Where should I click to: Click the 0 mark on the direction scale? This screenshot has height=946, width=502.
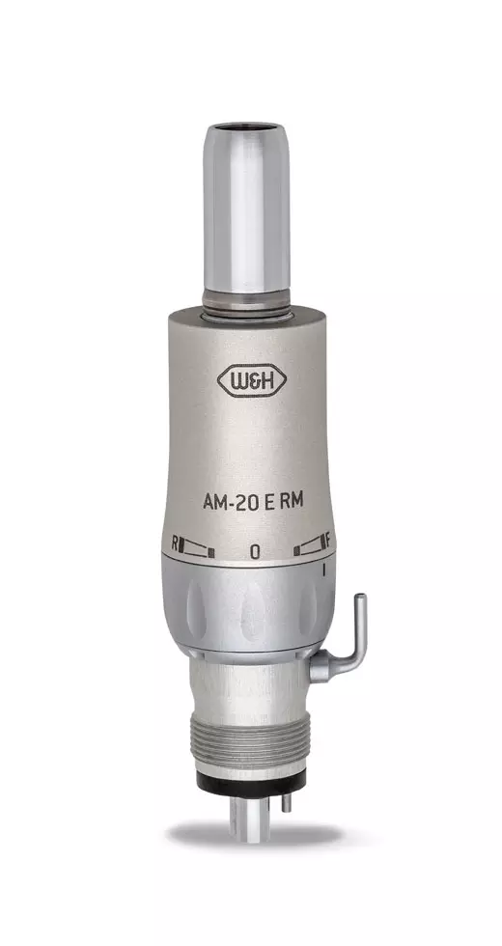pyautogui.click(x=254, y=551)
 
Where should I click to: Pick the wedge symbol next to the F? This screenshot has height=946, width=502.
pyautogui.click(x=308, y=549)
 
